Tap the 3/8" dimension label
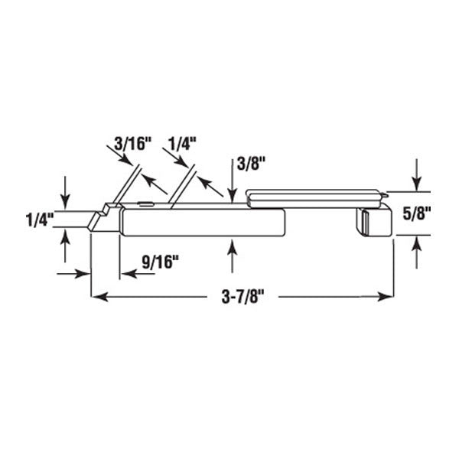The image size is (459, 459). pyautogui.click(x=249, y=164)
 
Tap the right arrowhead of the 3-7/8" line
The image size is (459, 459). pyautogui.click(x=388, y=295)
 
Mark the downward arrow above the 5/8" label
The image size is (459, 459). pyautogui.click(x=416, y=182)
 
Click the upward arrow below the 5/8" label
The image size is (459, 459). pyautogui.click(x=416, y=245)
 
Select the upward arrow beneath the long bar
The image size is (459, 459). pyautogui.click(x=233, y=247)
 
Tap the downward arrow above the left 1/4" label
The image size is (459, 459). pyautogui.click(x=66, y=199)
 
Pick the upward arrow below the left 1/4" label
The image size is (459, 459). pyautogui.click(x=66, y=236)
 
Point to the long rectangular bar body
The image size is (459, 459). pyautogui.click(x=203, y=223)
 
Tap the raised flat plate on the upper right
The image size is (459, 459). pyautogui.click(x=314, y=197)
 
